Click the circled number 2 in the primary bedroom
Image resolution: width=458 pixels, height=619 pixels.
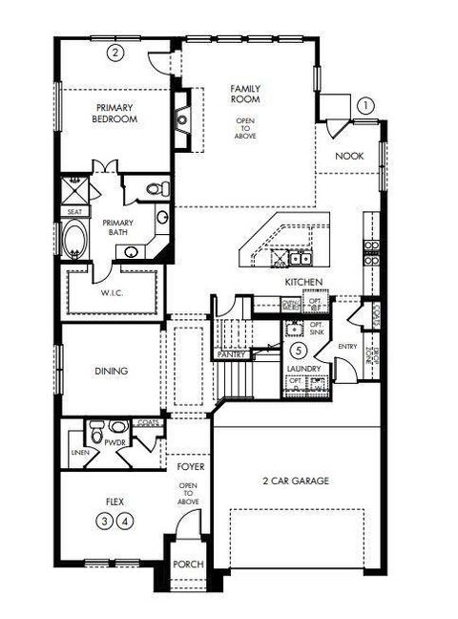click(x=115, y=53)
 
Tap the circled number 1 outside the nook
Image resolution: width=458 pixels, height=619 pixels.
click(x=366, y=106)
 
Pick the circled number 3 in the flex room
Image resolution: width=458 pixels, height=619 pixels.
click(x=104, y=520)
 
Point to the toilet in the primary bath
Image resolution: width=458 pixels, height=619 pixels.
click(x=157, y=187)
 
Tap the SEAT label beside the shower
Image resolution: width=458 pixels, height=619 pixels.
click(x=73, y=211)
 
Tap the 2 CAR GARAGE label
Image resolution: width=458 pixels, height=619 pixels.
click(x=296, y=481)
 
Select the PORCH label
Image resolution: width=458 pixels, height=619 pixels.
click(x=188, y=565)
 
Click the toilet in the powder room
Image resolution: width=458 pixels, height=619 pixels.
click(x=115, y=428)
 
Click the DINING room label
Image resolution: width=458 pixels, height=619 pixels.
click(x=112, y=372)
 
